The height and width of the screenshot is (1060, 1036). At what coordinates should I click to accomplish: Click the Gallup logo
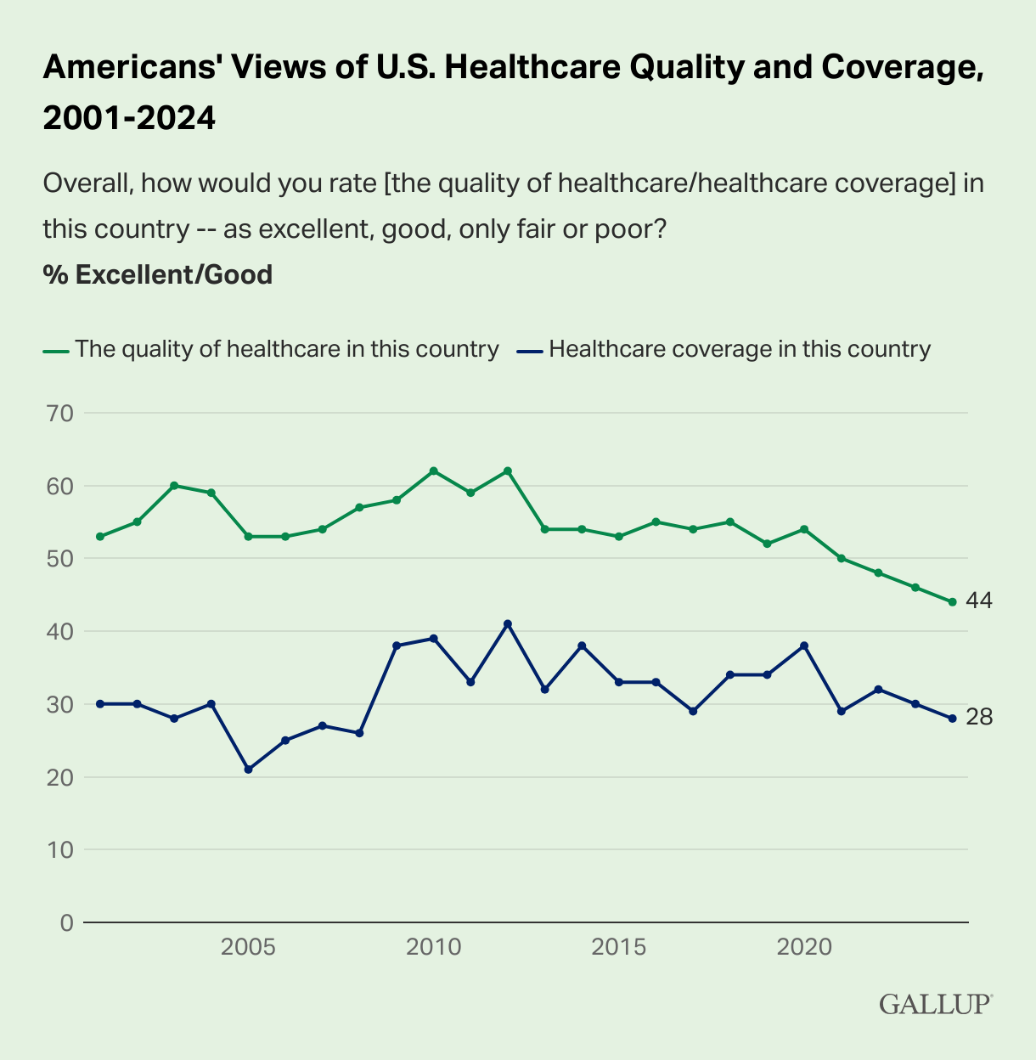(x=935, y=1003)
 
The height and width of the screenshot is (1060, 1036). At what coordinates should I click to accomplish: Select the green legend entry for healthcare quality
(x=271, y=349)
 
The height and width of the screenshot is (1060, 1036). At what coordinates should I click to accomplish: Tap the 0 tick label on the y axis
(x=66, y=922)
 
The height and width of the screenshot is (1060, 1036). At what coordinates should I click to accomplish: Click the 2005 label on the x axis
(x=248, y=947)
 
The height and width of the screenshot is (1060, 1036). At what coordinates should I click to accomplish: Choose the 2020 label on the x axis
(x=804, y=947)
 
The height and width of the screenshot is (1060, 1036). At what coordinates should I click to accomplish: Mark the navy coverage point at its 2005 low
(x=248, y=770)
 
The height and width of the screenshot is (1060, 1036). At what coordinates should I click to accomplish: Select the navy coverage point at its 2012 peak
(x=508, y=623)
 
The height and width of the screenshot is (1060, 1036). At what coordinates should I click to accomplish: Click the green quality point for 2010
(x=434, y=471)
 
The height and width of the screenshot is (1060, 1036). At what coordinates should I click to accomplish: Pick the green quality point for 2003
(x=174, y=486)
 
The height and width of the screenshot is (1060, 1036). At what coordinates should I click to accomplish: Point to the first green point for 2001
(x=100, y=537)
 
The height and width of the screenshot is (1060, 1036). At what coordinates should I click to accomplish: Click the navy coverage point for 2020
(x=804, y=646)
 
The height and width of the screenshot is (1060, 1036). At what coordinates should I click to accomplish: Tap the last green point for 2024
(x=952, y=602)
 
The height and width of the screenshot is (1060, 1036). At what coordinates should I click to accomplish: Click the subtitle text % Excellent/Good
(x=157, y=274)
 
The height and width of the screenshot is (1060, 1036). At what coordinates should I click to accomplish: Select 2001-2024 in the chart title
(x=129, y=118)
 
